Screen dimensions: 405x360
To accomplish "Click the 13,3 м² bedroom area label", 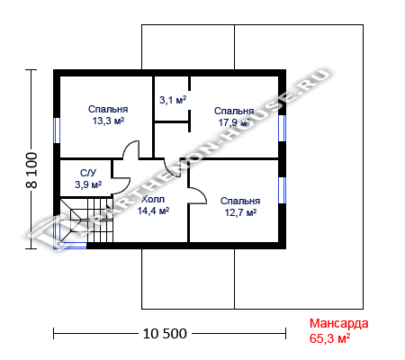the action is (x=108, y=121).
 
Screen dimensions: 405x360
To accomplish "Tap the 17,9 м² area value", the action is (x=234, y=122).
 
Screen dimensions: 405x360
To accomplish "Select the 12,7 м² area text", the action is (x=240, y=212).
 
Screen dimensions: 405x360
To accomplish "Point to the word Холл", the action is (x=153, y=199).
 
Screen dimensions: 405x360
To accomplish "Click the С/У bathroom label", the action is (x=88, y=173).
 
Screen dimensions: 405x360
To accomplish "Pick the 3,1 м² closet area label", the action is (x=173, y=100).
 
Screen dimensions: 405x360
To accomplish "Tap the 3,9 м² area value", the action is (x=88, y=184).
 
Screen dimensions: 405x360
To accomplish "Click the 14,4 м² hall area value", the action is (x=153, y=211).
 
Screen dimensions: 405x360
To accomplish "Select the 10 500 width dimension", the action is (x=165, y=334).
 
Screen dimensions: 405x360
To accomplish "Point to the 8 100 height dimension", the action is (x=31, y=170).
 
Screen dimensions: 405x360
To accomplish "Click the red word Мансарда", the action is (x=339, y=323).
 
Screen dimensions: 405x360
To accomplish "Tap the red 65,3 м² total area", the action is (x=329, y=338).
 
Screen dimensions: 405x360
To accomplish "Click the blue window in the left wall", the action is (x=57, y=130).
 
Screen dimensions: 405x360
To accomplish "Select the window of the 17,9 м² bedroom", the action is (x=283, y=128).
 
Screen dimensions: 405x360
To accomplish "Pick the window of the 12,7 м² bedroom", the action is (x=283, y=190).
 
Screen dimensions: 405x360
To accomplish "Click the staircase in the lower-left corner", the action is (x=86, y=220).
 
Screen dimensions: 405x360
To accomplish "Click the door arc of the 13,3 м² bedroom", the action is (x=129, y=146).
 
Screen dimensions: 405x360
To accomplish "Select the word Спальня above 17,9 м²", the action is (x=234, y=111).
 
